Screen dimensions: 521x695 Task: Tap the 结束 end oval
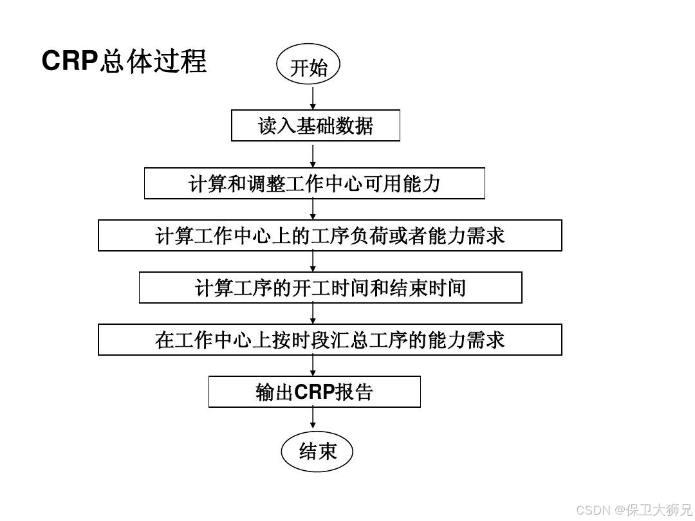pos(317,451)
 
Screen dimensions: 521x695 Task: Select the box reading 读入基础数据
pos(315,125)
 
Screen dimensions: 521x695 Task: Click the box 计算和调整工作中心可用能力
pos(314,183)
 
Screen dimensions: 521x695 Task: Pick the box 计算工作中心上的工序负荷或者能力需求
pos(329,235)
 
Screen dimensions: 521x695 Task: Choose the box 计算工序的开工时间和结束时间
pos(330,288)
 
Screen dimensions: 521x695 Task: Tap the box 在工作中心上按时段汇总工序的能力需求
pos(329,340)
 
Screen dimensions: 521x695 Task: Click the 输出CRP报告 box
pos(314,392)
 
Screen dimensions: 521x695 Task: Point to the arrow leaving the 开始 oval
pos(313,98)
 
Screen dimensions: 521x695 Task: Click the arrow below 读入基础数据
pos(313,155)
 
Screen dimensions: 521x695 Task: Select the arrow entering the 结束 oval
pos(313,419)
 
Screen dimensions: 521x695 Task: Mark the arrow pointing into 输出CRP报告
pos(313,365)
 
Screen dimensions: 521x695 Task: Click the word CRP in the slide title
pos(69,62)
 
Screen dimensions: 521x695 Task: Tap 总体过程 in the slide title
pos(153,62)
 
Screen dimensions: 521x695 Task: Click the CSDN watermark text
pos(593,510)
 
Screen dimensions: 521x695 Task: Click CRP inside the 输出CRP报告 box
pos(315,392)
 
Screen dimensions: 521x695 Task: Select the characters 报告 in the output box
pos(354,392)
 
